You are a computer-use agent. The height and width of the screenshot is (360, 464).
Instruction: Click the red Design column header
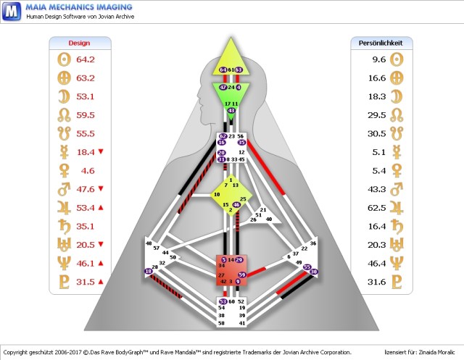[79, 43]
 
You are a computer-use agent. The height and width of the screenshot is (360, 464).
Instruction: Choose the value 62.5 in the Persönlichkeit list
[376, 208]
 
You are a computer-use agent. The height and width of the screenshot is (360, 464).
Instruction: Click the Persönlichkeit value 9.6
[378, 59]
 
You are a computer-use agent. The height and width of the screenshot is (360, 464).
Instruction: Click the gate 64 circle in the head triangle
[223, 70]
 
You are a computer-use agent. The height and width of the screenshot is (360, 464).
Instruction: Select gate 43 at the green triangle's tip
[231, 111]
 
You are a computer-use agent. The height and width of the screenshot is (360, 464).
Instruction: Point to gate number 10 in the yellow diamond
[216, 195]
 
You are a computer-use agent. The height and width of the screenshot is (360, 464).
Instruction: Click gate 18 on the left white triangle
[149, 272]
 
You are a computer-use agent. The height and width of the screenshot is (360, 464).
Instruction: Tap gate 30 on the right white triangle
[314, 272]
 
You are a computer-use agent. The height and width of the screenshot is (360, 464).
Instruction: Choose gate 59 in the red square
[242, 275]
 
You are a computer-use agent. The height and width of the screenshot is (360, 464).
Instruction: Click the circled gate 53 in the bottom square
[223, 301]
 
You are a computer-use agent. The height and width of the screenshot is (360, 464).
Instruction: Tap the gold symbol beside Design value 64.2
[62, 59]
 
